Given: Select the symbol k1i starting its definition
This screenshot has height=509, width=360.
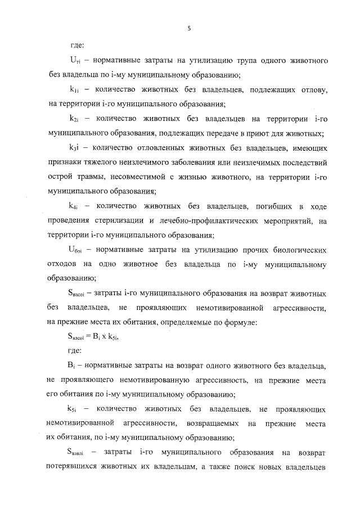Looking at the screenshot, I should point(73,89).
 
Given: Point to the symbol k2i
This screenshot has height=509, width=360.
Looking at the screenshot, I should point(73,119).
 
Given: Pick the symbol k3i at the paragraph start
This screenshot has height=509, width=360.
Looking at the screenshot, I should point(73,148).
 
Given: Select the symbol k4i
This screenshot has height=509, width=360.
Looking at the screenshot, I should point(73,206).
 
